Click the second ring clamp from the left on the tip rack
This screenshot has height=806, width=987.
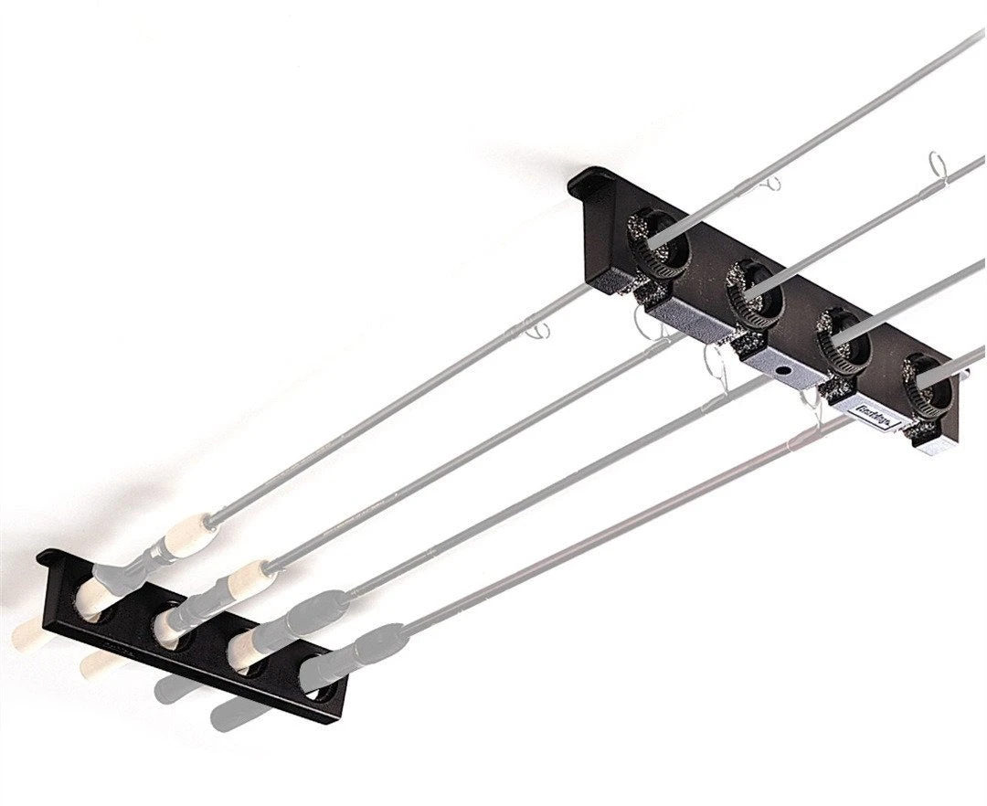753,292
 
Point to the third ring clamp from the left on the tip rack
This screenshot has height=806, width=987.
842,341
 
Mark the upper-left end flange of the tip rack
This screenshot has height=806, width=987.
585,182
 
